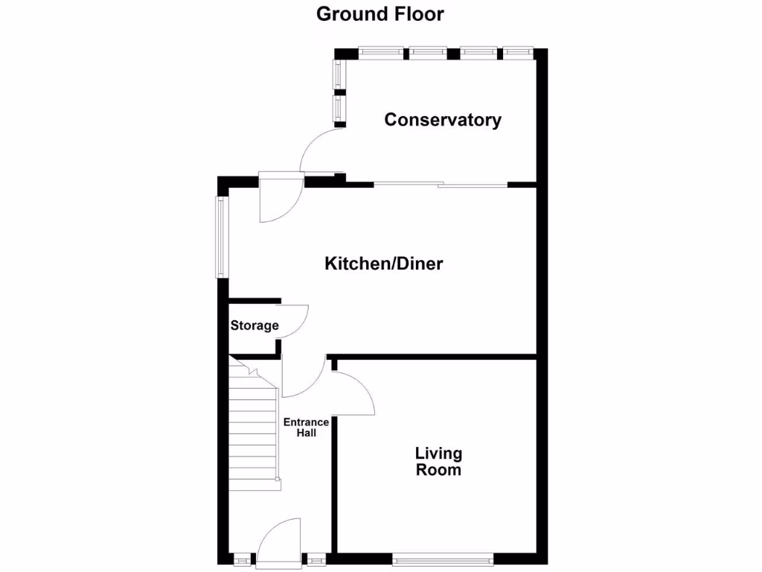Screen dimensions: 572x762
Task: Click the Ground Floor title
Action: [380, 14]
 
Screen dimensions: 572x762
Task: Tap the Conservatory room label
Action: [443, 120]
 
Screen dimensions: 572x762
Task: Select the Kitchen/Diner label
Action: [383, 264]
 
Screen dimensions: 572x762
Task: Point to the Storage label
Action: [254, 325]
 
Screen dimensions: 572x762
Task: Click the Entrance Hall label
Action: [306, 428]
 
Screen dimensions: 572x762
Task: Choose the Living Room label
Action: [438, 462]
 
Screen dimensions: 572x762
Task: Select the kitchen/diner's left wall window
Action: [221, 237]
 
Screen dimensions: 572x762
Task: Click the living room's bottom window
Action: [443, 557]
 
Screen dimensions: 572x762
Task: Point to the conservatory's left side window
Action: [339, 91]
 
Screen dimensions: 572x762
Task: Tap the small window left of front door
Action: [242, 558]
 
